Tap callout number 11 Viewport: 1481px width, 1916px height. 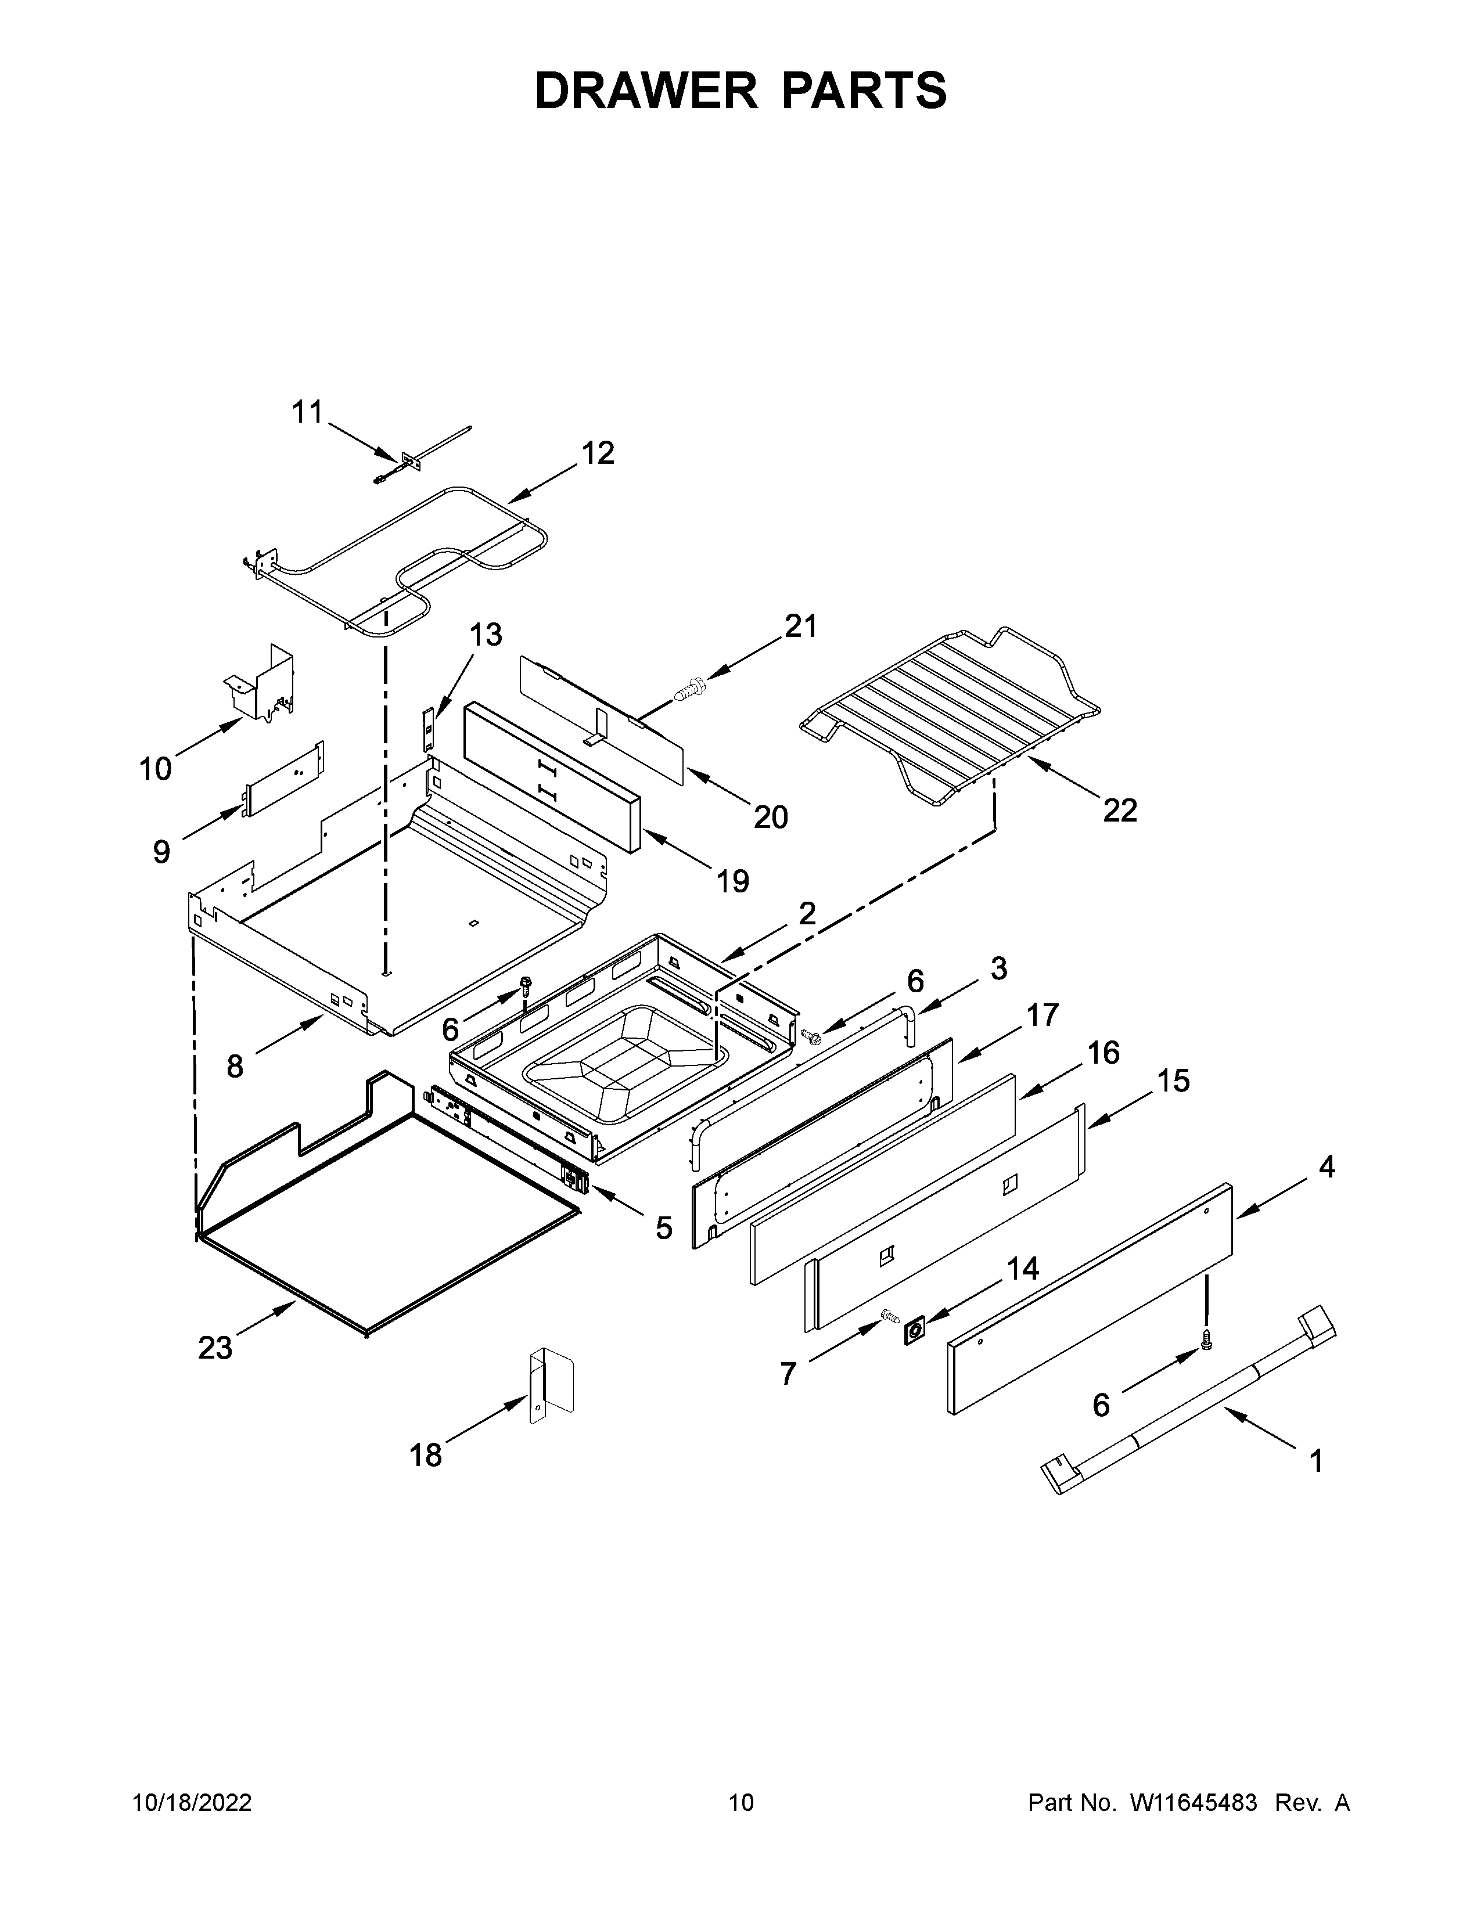click(x=307, y=412)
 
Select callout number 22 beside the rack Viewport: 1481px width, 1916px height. click(x=1120, y=810)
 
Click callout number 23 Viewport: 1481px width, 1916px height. click(x=215, y=1348)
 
